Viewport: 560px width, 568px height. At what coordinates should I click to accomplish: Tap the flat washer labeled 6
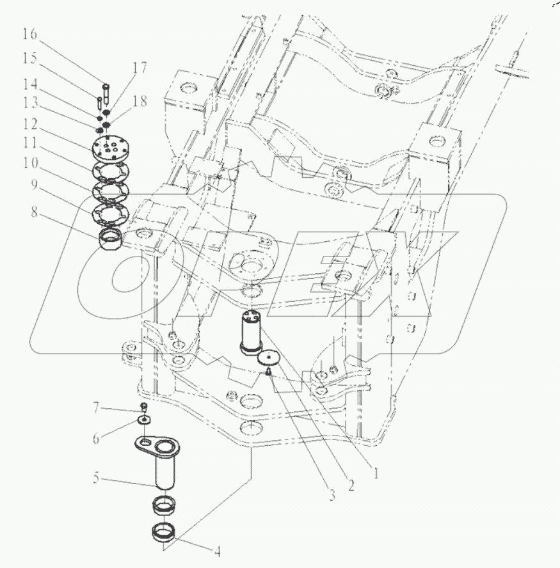(x=145, y=420)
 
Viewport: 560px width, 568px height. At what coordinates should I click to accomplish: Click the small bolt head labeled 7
(x=145, y=407)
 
